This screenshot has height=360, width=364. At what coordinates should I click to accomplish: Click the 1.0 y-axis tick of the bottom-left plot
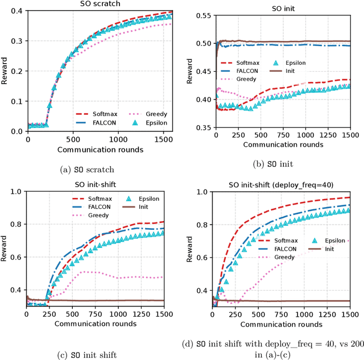(18, 192)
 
